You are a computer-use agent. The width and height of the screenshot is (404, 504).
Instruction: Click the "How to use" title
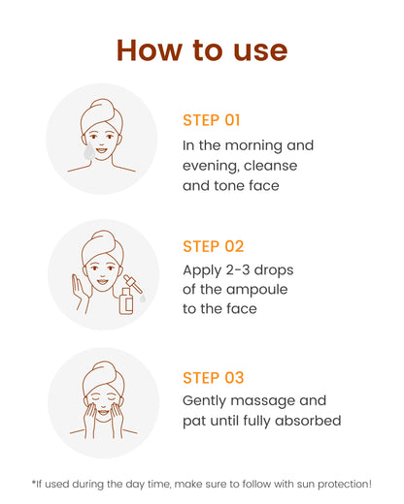(202, 50)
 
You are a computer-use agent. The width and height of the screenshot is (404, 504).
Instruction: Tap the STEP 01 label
(212, 120)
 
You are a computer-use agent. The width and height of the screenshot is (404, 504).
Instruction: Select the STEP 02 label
(213, 246)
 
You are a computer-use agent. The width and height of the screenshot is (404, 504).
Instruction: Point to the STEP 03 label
(213, 378)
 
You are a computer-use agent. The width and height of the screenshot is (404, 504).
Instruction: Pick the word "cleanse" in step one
(270, 166)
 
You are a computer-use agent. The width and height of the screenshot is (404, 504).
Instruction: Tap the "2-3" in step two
(238, 269)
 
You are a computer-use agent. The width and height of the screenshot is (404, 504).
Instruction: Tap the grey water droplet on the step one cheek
(89, 152)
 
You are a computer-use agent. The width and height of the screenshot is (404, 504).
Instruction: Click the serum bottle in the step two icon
(125, 301)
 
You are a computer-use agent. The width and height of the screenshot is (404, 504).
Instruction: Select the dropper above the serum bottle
(133, 284)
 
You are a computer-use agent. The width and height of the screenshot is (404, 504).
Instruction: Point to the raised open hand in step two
(80, 294)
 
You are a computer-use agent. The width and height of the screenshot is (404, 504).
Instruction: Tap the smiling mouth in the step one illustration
(101, 150)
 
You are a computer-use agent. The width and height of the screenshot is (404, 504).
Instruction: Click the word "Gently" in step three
(204, 401)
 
